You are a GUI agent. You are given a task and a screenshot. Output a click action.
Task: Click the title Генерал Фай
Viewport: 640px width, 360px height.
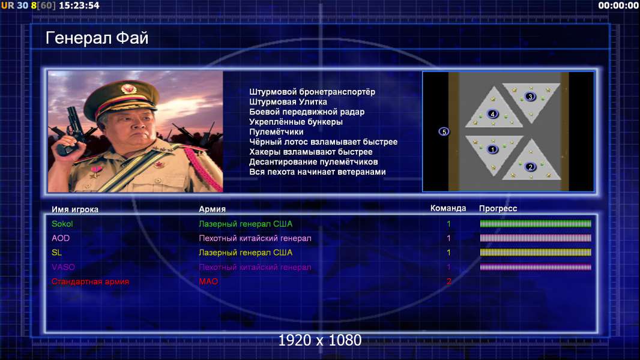(97, 38)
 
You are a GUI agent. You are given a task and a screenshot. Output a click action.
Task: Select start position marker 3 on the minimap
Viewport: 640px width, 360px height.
(530, 97)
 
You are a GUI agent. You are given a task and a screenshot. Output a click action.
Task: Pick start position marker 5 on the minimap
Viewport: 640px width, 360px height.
(444, 131)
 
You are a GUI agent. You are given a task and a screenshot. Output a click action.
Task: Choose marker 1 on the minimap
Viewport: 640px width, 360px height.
(493, 149)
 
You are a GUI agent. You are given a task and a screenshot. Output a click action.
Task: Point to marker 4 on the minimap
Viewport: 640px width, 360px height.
(493, 114)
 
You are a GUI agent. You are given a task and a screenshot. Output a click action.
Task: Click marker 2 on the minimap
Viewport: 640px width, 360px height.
(530, 167)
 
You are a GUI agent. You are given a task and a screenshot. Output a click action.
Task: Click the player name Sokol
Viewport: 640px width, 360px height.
(62, 224)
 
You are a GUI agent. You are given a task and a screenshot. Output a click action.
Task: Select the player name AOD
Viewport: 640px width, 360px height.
(61, 238)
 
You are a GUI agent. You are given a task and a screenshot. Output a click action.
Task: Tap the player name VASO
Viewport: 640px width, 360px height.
(63, 267)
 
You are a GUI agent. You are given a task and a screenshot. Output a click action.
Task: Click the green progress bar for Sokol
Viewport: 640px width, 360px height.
(536, 223)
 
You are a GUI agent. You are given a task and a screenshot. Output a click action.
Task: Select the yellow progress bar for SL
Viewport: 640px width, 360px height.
(536, 253)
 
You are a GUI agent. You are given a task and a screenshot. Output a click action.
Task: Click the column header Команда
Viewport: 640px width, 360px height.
(448, 208)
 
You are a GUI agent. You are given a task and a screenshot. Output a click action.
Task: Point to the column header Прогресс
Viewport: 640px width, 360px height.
(498, 208)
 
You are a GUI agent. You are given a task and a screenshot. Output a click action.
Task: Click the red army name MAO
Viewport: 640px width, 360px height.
(208, 281)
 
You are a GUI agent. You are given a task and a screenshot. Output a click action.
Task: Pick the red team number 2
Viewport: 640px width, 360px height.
(449, 281)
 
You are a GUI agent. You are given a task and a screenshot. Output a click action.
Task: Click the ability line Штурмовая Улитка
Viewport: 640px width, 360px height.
(288, 102)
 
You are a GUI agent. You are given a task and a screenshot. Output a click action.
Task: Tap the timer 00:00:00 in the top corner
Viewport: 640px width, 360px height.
(618, 5)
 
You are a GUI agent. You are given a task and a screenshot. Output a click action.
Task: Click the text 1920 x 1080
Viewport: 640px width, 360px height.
(320, 340)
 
